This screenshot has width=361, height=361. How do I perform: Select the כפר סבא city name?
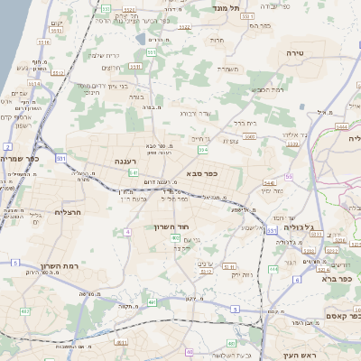pyautogui.click(x=205, y=173)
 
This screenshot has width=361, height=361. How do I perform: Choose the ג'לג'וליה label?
pyautogui.click(x=301, y=227)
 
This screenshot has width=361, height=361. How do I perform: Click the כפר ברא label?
pyautogui.click(x=339, y=279)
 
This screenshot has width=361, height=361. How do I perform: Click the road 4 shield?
pyautogui.click(x=128, y=232)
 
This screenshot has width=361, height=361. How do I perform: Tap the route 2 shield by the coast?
pyautogui.click(x=7, y=145)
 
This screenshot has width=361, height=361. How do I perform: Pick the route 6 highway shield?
pyautogui.click(x=296, y=280)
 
